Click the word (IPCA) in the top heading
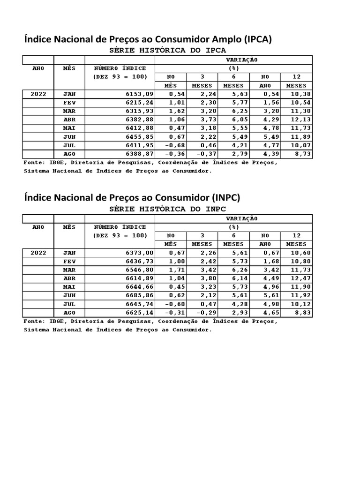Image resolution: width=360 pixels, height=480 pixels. (255, 39)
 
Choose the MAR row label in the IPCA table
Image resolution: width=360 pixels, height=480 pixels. (69, 111)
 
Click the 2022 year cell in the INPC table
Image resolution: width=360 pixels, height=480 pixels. (38, 253)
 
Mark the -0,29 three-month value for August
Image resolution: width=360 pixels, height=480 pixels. (203, 313)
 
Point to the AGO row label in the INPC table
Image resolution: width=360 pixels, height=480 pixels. (69, 313)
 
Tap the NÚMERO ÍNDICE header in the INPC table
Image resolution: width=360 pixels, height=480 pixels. (120, 227)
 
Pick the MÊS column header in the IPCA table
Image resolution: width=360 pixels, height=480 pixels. (69, 68)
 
